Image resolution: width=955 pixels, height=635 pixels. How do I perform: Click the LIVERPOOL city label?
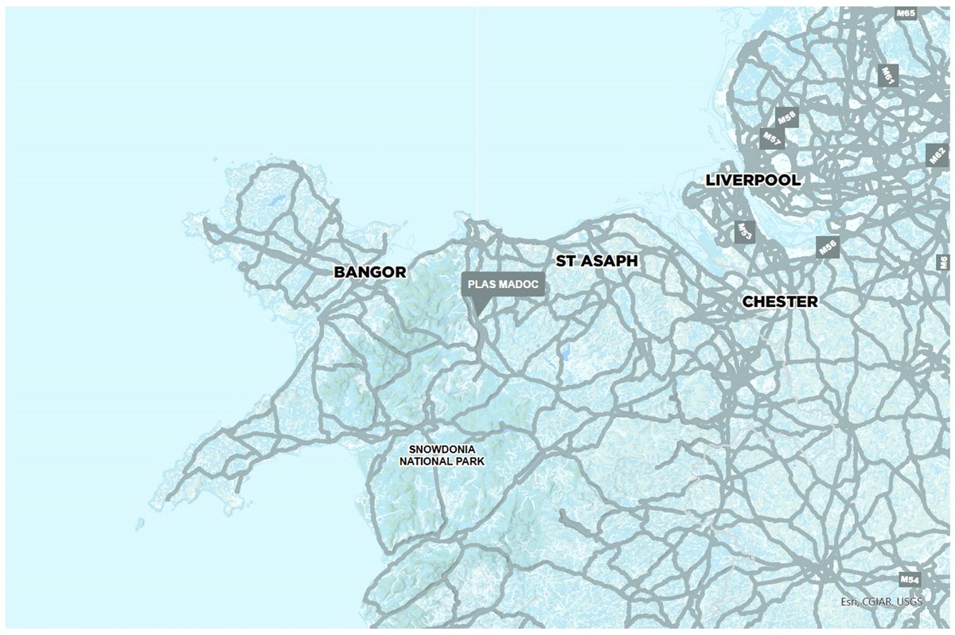click(x=753, y=181)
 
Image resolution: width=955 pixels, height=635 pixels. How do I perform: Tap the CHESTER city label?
click(x=779, y=302)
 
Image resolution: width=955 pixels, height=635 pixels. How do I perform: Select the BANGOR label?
click(x=369, y=272)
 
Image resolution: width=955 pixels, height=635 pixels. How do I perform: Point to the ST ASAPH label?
click(x=596, y=260)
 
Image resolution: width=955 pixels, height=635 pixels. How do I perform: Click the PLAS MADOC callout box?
click(x=503, y=285)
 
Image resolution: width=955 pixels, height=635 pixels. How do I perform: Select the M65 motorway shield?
click(x=906, y=14)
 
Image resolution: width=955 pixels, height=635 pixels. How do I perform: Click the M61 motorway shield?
click(x=887, y=76)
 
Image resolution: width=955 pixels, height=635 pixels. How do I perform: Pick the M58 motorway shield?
click(x=786, y=118)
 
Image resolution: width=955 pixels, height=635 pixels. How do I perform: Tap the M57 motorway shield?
click(x=770, y=138)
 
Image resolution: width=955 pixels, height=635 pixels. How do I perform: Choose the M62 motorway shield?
click(x=937, y=154)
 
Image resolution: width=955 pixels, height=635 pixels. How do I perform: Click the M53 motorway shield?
click(x=744, y=232)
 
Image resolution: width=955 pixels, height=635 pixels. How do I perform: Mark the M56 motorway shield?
click(x=828, y=247)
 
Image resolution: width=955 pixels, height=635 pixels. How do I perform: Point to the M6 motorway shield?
click(x=943, y=263)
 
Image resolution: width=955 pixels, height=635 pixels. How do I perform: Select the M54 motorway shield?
click(x=910, y=579)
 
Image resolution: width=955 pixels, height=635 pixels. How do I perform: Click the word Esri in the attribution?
click(x=849, y=602)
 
